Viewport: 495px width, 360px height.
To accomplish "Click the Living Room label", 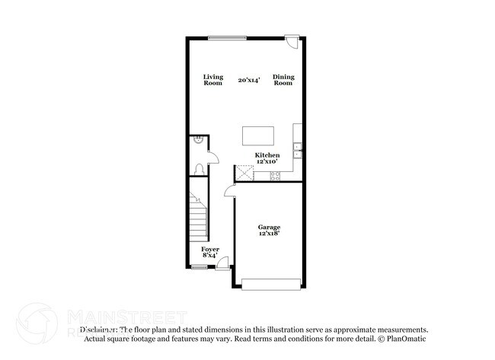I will coord(212,79).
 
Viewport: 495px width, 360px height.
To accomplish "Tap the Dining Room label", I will coord(283,79).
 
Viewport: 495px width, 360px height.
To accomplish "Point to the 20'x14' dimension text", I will coord(248,79).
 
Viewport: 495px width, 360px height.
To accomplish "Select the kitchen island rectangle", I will coord(257,135).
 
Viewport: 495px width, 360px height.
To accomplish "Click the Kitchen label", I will coord(267,155).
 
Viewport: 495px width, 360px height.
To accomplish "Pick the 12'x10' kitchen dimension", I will coord(267,161).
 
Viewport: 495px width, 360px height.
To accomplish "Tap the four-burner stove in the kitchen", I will coord(276,176).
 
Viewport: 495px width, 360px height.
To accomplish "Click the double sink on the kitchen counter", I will coord(299,150).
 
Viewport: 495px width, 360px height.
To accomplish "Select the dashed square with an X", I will coord(244,173).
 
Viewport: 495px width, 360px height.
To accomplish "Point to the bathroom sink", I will coord(197,140).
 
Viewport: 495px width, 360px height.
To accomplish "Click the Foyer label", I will coord(209,249).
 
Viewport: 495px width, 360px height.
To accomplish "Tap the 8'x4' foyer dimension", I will coord(209,256).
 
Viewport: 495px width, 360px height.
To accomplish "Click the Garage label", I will coord(269,228).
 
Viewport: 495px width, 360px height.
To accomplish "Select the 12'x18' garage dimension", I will coord(269,234).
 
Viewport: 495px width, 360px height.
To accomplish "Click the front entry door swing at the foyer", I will coord(223,263).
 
